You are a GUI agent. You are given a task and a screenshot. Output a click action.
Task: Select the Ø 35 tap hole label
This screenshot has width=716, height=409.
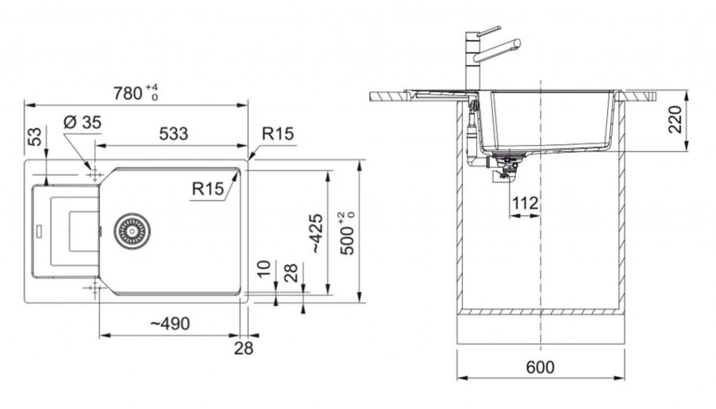[x=83, y=122]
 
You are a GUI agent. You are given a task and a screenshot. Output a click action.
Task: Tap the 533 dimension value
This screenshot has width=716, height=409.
[x=173, y=134]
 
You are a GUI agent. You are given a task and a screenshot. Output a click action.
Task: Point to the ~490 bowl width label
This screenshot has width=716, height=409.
[x=170, y=324]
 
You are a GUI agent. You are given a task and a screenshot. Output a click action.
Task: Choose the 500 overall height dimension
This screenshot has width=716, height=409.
[x=348, y=233]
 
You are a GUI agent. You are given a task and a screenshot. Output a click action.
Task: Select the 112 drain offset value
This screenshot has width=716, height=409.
[x=525, y=203]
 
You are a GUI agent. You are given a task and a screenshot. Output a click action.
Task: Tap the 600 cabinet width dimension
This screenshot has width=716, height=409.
[x=540, y=367]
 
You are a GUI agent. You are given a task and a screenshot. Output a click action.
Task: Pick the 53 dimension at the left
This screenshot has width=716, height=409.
[x=35, y=137]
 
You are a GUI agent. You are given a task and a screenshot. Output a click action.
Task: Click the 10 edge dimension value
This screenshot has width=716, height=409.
[x=264, y=269]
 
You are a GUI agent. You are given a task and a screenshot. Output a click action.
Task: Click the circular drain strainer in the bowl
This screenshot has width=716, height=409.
[x=132, y=231]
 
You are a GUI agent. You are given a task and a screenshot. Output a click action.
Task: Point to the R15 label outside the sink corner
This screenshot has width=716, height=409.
[x=278, y=134]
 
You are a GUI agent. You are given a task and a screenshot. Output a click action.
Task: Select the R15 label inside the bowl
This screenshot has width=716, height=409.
[x=208, y=189]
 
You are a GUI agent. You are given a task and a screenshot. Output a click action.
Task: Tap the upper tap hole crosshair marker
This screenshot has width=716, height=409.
[x=95, y=174]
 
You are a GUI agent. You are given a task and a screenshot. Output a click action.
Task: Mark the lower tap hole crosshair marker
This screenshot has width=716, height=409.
[x=95, y=287]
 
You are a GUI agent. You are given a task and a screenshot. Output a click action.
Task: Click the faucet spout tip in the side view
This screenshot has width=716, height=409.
[x=517, y=44]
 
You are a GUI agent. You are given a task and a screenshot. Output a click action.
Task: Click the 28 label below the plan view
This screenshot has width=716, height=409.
[x=243, y=349]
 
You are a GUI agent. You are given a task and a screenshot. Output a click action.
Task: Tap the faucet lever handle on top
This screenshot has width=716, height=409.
[x=489, y=31]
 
